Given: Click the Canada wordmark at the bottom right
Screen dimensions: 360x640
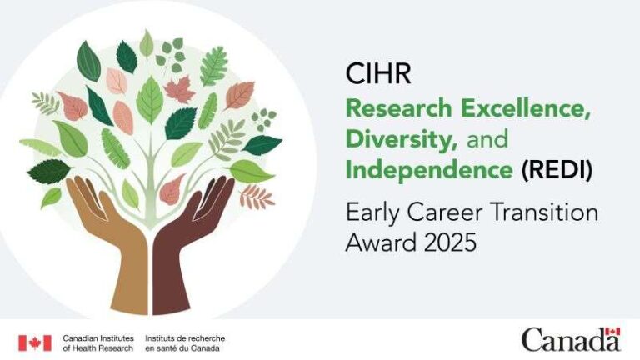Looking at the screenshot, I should (x=572, y=341).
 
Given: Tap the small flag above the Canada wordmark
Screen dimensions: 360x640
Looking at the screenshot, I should (x=612, y=332).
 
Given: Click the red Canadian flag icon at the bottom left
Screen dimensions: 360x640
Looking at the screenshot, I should (x=35, y=342).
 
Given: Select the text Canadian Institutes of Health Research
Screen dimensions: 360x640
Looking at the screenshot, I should (x=97, y=342).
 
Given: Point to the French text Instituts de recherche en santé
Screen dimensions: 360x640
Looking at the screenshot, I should (x=184, y=342).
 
